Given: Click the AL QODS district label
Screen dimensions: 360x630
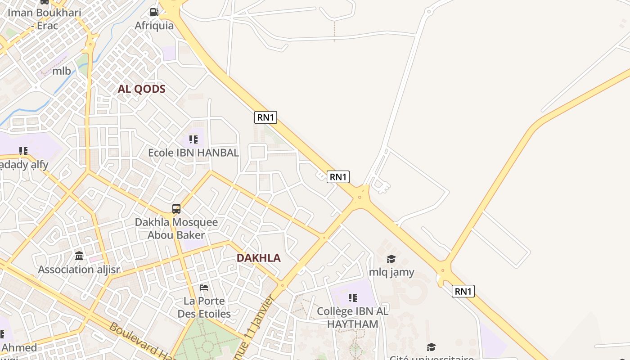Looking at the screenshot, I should click(141, 89).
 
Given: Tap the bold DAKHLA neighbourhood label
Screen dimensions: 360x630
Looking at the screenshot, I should click(258, 258).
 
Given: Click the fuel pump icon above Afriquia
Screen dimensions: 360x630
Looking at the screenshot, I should click(154, 12).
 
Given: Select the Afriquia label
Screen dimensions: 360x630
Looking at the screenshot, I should click(154, 26).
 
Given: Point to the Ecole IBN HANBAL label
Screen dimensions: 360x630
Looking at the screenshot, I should click(193, 153).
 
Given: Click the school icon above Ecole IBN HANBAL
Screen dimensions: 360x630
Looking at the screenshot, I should click(193, 139).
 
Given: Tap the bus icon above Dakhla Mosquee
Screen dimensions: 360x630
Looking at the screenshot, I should click(176, 209).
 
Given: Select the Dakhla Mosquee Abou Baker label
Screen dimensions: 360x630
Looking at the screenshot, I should click(176, 229).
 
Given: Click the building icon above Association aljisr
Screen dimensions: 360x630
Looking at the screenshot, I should click(79, 256).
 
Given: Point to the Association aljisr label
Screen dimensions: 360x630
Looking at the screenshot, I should click(79, 270).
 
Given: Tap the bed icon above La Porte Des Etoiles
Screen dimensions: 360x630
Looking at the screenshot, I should click(204, 287).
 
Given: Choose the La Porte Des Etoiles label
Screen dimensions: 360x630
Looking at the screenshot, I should click(204, 307).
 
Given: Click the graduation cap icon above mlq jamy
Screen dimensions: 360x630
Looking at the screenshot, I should click(391, 259).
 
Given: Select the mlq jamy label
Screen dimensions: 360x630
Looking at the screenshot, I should click(391, 272).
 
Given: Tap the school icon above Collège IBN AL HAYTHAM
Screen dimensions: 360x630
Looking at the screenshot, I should click(353, 297).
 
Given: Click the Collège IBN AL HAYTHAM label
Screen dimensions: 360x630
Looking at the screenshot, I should click(353, 317).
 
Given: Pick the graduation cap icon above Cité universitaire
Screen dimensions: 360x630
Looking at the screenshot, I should click(431, 347).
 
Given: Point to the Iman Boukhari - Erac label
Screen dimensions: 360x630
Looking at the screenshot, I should click(44, 19).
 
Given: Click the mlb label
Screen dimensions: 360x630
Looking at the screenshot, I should click(62, 71).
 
